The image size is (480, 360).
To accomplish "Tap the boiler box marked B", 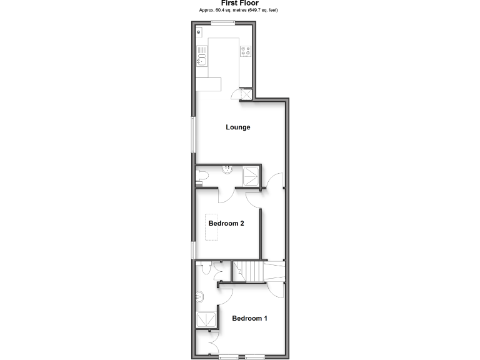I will coord(199,31).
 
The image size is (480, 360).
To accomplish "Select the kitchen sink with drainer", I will coord(201,57).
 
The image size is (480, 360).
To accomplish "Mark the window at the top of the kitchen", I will coord(222,23).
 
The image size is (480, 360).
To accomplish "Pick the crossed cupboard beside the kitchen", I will coord(246,94).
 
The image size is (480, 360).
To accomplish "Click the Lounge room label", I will coord(237,127).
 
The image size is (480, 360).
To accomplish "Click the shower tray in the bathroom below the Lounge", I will coord(251,176).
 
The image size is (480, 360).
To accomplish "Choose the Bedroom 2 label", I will coord(226,224).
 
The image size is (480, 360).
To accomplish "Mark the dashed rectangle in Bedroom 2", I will coord(211,226).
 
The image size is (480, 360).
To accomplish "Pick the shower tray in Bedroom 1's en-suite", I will coord(207,320).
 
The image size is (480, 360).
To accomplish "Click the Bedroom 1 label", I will coord(249,319).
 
